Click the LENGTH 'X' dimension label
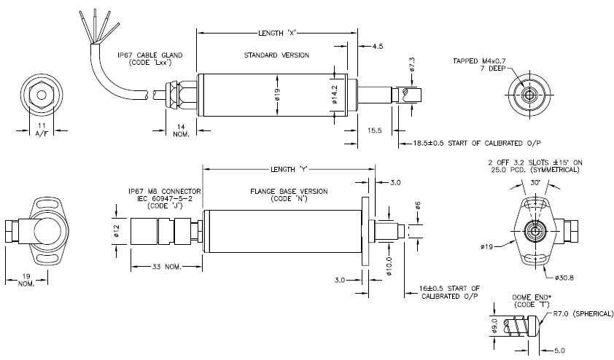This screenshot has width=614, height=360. pyautogui.click(x=276, y=34)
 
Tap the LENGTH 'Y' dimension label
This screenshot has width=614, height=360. pyautogui.click(x=289, y=170)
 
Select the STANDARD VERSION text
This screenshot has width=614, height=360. pyautogui.click(x=277, y=55)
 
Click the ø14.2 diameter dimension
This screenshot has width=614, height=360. pyautogui.click(x=335, y=95)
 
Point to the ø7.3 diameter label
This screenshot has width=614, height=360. pyautogui.click(x=411, y=65)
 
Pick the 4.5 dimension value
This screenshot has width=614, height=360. pyautogui.click(x=378, y=46)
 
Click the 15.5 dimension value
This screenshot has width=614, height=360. pyautogui.click(x=374, y=130)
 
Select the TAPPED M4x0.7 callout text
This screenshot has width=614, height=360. pyautogui.click(x=479, y=60)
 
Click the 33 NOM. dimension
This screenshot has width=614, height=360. pyautogui.click(x=167, y=267)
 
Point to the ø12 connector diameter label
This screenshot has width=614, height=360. pyautogui.click(x=117, y=230)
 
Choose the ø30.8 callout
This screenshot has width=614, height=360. pyautogui.click(x=564, y=278)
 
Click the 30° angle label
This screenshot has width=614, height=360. pyautogui.click(x=535, y=182)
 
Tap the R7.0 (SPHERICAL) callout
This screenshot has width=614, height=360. pyautogui.click(x=583, y=314)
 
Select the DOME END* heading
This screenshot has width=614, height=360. pyautogui.click(x=532, y=297)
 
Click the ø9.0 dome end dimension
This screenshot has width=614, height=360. pyautogui.click(x=494, y=326)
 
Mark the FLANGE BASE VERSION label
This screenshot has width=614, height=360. pyautogui.click(x=289, y=192)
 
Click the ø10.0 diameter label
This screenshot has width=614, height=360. pyautogui.click(x=389, y=266)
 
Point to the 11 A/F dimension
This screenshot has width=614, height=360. pyautogui.click(x=42, y=130)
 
